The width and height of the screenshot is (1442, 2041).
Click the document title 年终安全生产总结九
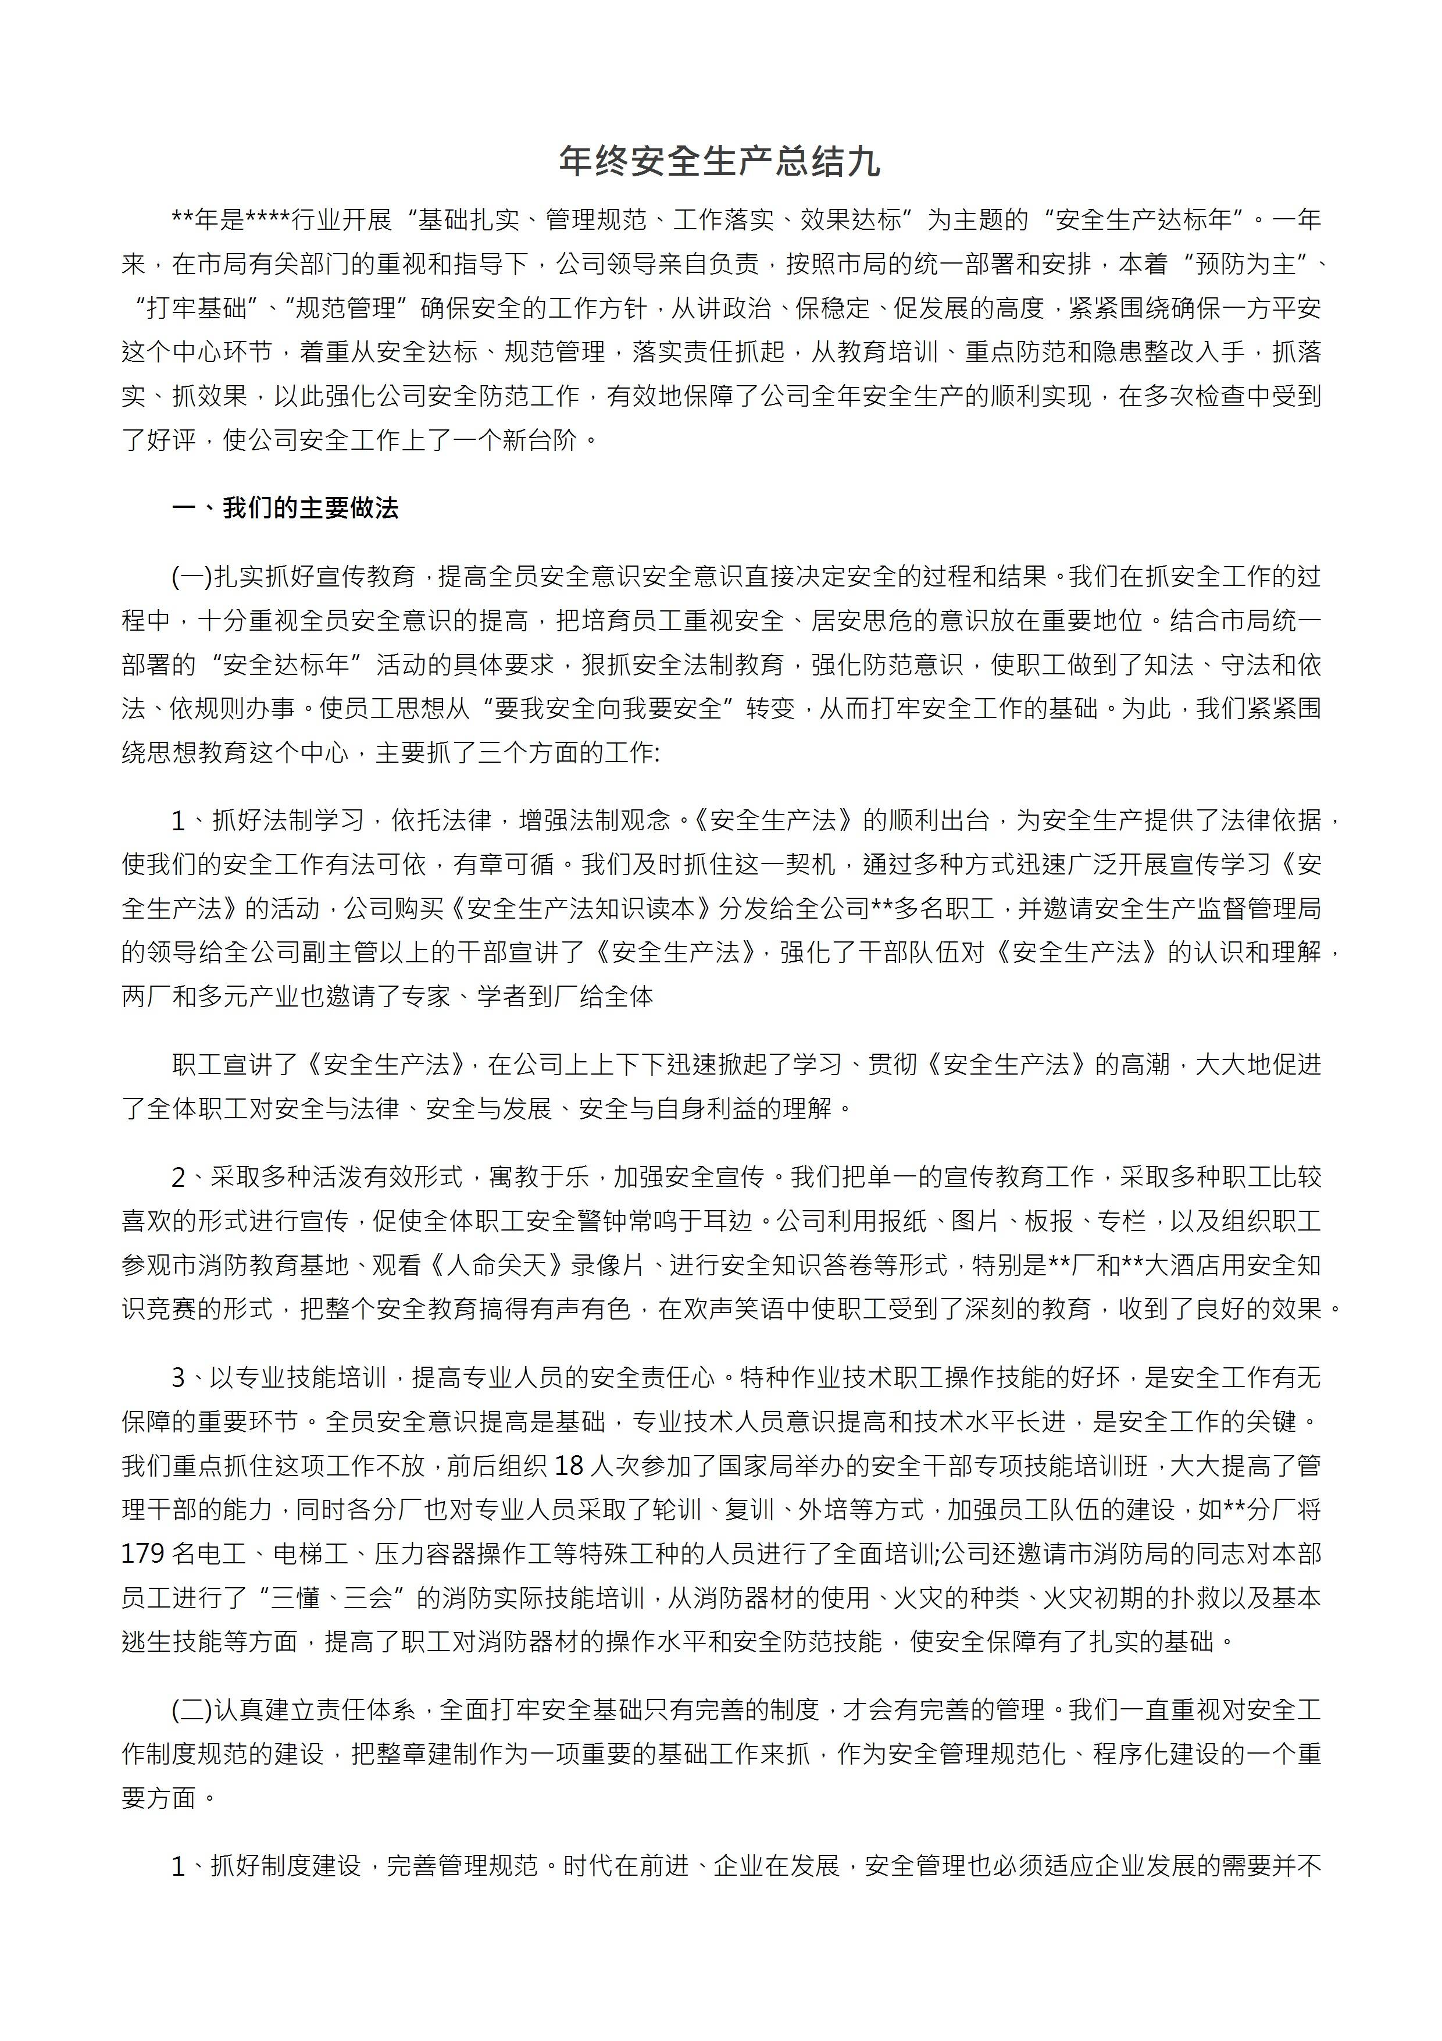click(x=720, y=162)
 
